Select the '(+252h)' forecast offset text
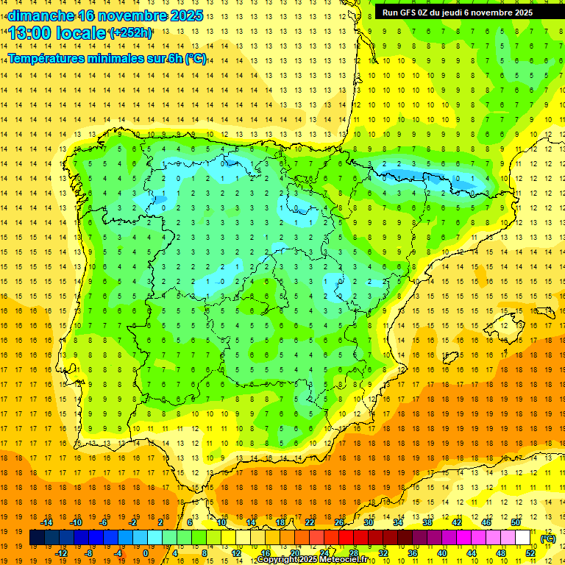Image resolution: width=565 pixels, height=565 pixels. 130,32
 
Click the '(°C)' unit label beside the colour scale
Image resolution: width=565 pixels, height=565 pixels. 548,538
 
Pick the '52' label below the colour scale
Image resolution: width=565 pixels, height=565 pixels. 530,553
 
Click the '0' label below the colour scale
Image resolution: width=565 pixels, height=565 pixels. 146,553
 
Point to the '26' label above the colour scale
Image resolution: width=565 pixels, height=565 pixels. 339,522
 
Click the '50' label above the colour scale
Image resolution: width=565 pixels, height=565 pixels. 515,522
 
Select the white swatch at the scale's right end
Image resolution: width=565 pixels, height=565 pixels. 522,538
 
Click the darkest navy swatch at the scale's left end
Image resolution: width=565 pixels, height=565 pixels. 37,538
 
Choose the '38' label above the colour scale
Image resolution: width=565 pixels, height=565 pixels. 427,522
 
